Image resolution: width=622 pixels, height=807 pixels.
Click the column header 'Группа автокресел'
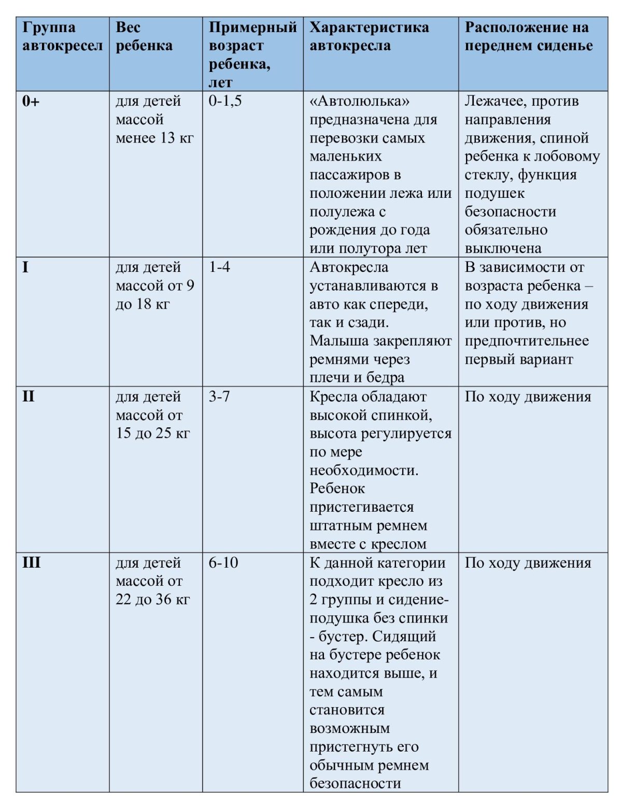[x=62, y=36]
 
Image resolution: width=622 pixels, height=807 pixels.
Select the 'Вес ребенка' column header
[x=144, y=36]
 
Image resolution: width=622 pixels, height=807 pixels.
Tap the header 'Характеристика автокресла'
[x=369, y=36]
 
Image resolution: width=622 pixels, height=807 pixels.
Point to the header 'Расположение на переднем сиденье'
[x=528, y=36]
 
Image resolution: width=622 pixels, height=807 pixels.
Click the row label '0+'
[x=31, y=101]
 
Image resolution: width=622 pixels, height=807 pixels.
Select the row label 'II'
[x=28, y=397]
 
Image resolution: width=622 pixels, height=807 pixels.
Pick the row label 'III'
[x=31, y=563]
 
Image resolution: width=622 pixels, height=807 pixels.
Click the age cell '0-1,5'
[x=225, y=101]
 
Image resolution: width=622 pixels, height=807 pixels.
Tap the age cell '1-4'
[x=219, y=267]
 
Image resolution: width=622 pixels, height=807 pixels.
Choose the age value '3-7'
[x=219, y=397]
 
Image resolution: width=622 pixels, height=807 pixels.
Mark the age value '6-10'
[x=223, y=563]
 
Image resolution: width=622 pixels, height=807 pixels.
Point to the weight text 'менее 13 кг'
[x=154, y=138]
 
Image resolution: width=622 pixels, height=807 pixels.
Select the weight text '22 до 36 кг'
[x=152, y=599]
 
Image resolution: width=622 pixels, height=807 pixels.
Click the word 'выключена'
[x=503, y=249]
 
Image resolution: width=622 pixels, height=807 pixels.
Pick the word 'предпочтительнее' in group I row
[x=527, y=341]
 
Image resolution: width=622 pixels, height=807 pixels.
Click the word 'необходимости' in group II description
[x=363, y=470]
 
